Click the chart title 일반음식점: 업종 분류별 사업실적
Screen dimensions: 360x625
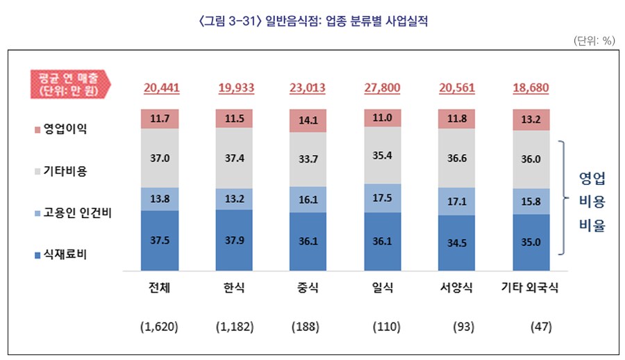312,21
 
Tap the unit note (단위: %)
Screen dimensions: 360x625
594,41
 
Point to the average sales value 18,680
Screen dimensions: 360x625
531,88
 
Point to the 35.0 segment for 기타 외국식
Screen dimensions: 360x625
531,243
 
